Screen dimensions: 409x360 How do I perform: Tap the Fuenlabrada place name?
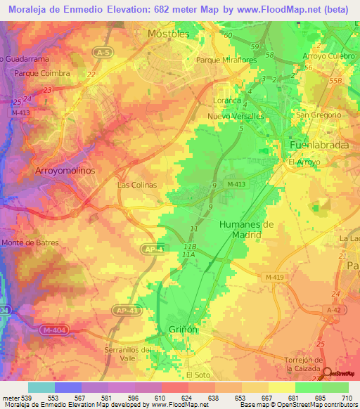tap(314, 145)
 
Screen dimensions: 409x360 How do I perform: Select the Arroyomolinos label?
tap(65, 170)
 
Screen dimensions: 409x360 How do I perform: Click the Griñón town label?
tap(183, 329)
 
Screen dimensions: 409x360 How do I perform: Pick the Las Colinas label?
tap(136, 185)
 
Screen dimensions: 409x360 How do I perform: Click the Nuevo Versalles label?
tap(238, 115)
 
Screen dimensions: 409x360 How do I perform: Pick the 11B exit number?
tap(188, 247)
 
